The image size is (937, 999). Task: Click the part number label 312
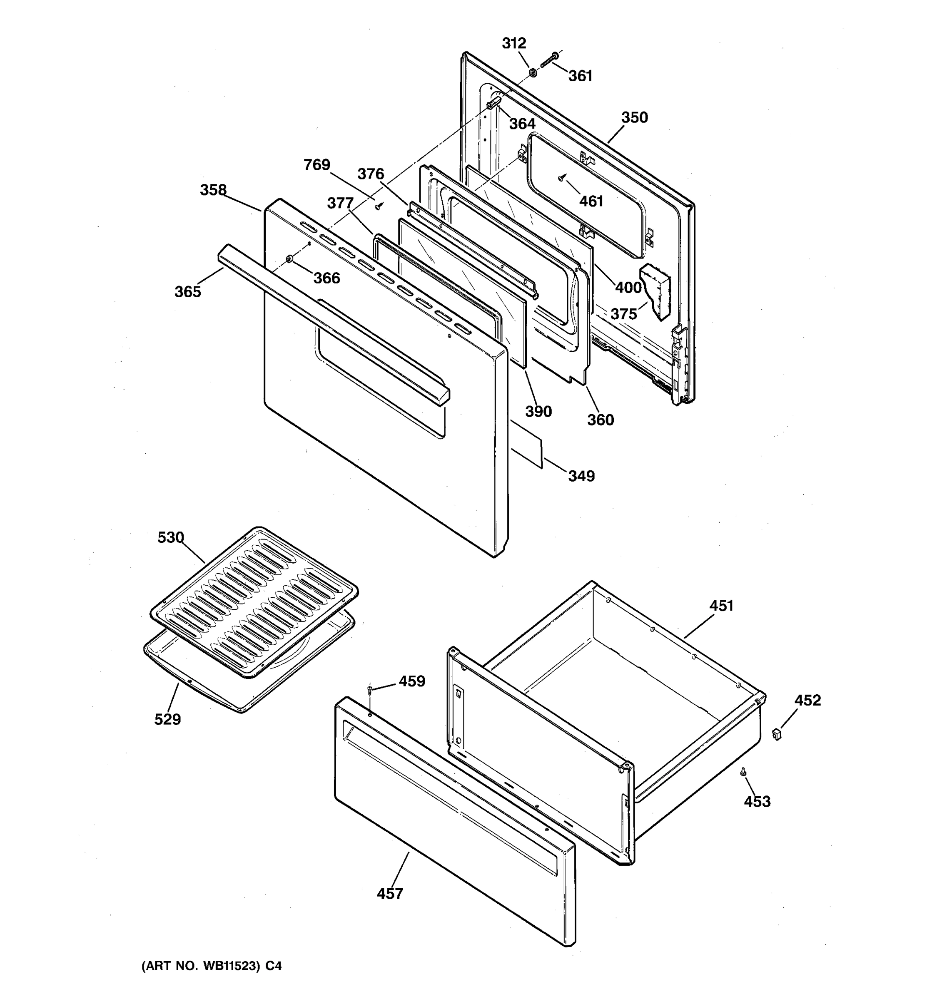coord(514,43)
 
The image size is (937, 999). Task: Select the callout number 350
coord(634,117)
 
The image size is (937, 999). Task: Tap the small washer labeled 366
coord(289,259)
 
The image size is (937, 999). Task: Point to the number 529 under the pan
coord(167,720)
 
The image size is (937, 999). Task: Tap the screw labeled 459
coord(369,689)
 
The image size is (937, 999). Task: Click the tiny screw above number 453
coord(743,771)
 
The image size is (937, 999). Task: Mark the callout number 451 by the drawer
coord(721,606)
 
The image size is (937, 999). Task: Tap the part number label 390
coord(538,412)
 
